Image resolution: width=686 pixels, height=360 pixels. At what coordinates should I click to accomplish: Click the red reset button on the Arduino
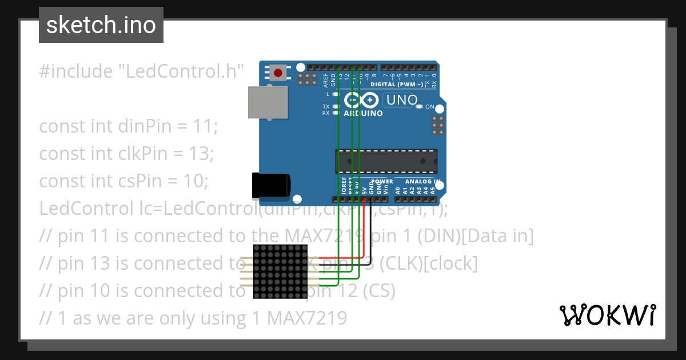(x=278, y=73)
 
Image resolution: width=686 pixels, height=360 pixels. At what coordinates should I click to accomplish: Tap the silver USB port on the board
(x=268, y=102)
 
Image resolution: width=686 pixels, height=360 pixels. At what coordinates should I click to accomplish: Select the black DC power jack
(x=271, y=185)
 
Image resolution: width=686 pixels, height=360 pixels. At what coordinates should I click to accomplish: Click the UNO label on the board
(x=402, y=100)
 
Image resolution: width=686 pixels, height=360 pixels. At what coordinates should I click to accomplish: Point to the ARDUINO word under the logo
(x=363, y=113)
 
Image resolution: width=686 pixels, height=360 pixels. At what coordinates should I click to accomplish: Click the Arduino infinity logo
(x=362, y=101)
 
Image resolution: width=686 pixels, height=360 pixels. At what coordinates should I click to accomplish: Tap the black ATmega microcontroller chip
(x=386, y=162)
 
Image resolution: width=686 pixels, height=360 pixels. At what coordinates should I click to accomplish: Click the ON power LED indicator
(x=419, y=107)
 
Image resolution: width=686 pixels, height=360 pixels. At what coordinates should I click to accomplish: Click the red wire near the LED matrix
(x=343, y=258)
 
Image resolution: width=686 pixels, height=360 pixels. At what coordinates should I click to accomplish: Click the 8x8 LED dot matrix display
(x=280, y=271)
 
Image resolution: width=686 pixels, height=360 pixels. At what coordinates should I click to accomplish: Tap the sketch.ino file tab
(x=101, y=25)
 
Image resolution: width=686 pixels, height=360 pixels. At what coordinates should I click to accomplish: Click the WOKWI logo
(x=607, y=315)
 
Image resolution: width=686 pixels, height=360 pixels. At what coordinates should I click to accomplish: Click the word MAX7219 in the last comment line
(x=307, y=318)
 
